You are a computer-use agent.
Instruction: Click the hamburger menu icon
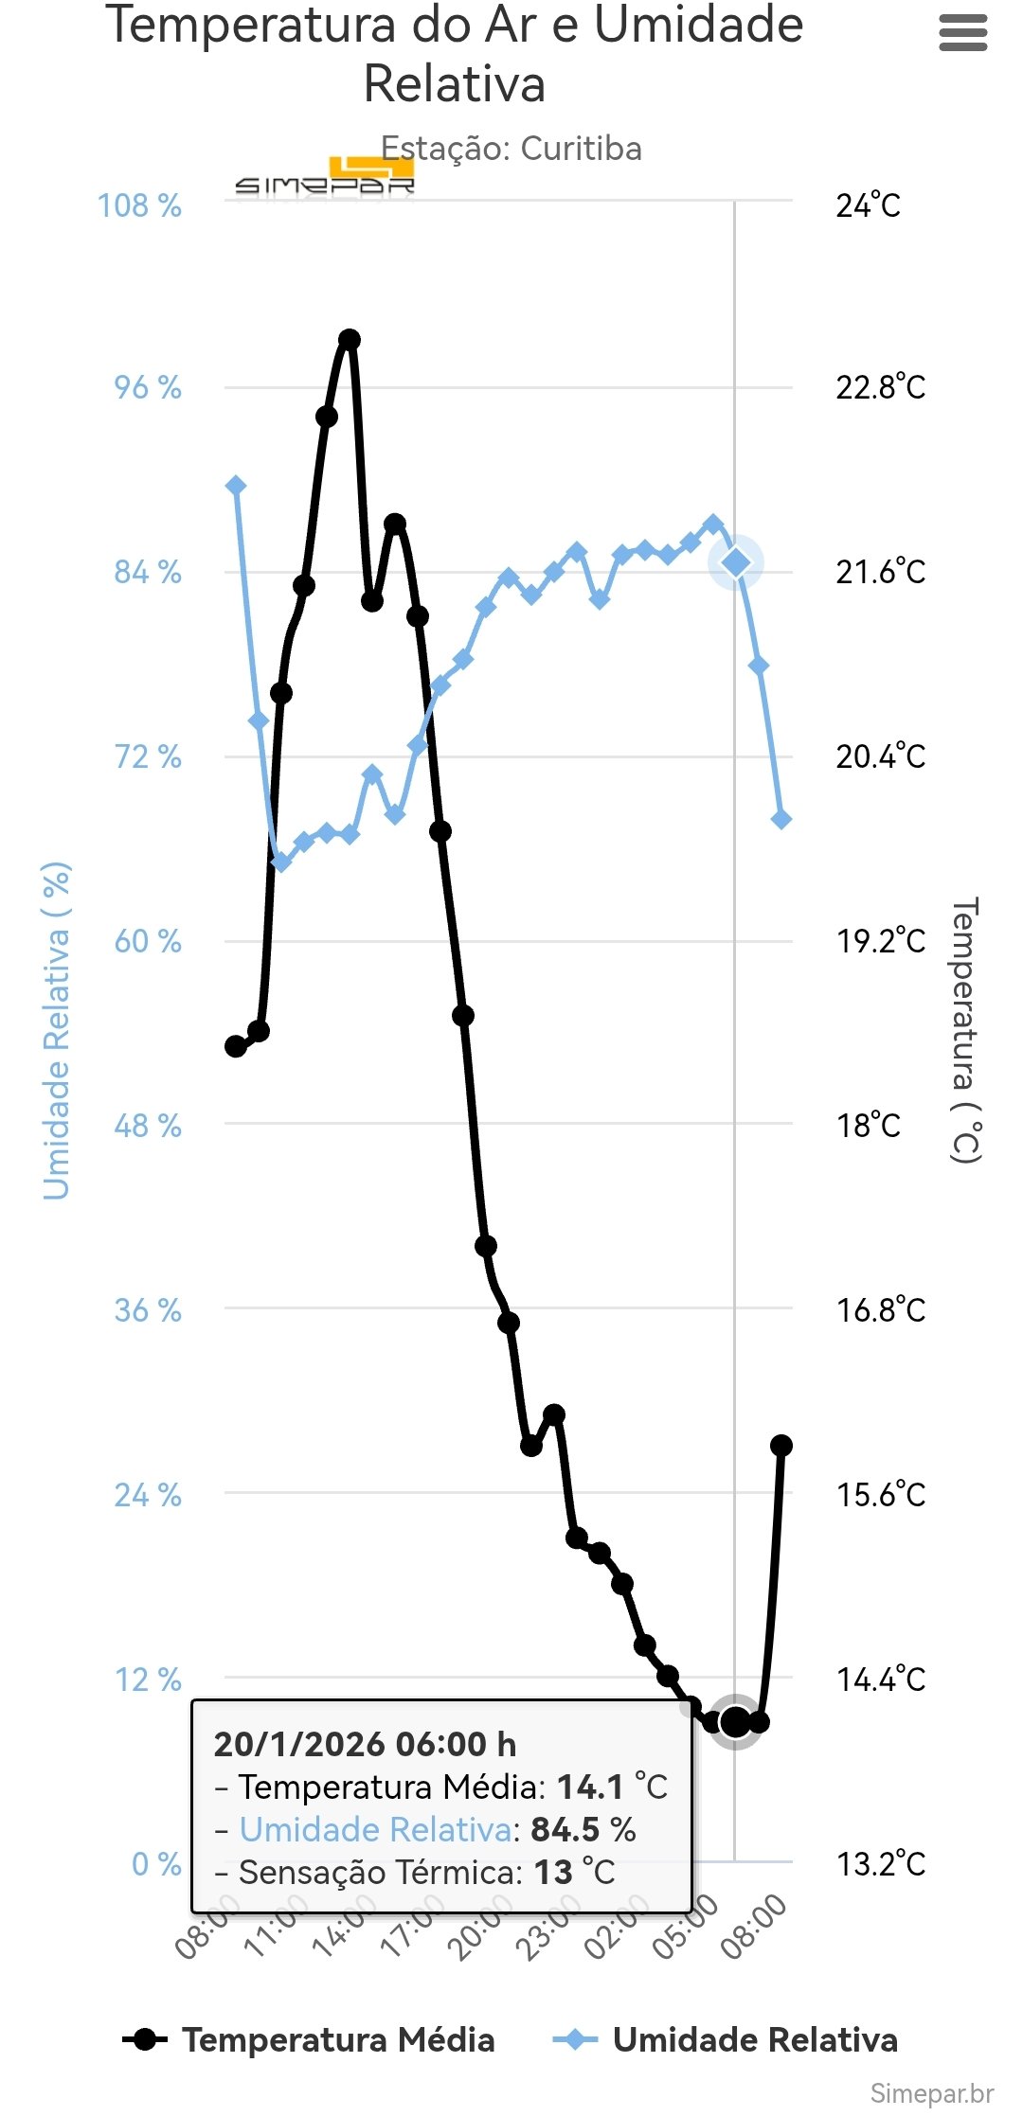[x=962, y=34]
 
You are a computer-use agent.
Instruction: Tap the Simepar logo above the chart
[x=325, y=178]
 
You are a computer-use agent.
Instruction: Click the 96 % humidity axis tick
[x=148, y=387]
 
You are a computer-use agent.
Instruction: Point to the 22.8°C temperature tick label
[x=880, y=387]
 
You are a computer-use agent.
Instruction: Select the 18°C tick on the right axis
[x=868, y=1126]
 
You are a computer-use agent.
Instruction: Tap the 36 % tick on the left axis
[x=148, y=1310]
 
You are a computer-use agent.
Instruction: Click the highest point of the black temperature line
[x=350, y=340]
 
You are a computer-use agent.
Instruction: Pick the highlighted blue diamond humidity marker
[x=736, y=562]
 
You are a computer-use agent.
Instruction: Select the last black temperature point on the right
[x=781, y=1446]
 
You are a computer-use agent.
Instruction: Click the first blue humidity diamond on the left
[x=236, y=486]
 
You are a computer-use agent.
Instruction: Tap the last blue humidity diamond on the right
[x=781, y=819]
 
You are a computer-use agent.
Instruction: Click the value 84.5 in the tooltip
[x=565, y=1829]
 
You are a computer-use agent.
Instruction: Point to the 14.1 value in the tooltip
[x=589, y=1787]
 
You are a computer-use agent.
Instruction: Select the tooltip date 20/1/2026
[x=299, y=1744]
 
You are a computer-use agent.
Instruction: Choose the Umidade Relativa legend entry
[x=727, y=2039]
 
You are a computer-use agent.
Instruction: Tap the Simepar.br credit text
[x=931, y=2093]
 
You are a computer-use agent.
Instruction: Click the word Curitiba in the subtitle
[x=581, y=149]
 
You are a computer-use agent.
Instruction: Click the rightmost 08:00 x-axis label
[x=754, y=1926]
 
